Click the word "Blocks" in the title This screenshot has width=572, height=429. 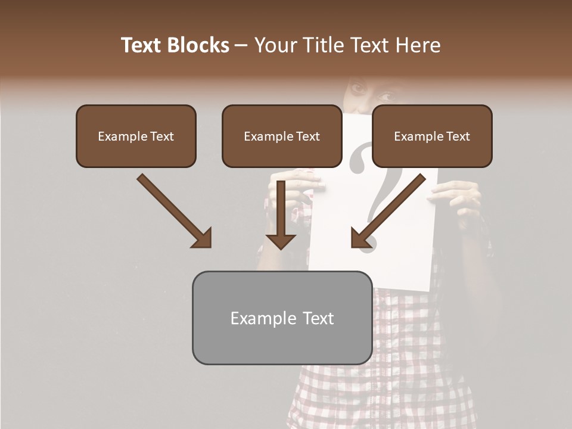tap(198, 45)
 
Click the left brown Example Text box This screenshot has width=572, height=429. tap(136, 136)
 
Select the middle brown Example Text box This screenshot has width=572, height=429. tap(282, 136)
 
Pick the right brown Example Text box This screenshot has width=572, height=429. tap(432, 136)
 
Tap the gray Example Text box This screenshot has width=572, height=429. tap(282, 318)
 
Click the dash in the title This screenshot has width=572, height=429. tap(242, 45)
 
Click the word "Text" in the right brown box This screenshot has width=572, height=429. tap(457, 136)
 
